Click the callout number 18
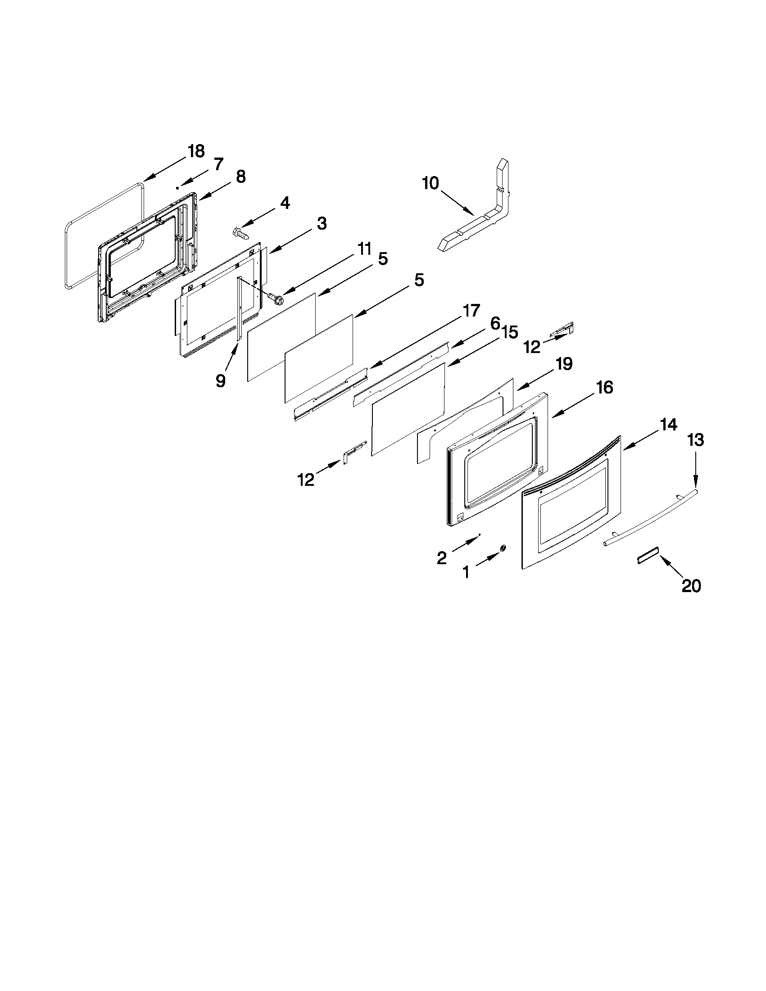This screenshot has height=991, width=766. pos(196,151)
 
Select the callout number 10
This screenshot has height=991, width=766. pos(431,183)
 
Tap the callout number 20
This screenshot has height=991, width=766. pos(691,586)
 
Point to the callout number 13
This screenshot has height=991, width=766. pos(696,440)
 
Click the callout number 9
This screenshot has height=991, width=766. pos(220,381)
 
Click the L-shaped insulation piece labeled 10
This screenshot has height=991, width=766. pos(485,218)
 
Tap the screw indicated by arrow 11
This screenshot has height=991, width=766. pos(274,298)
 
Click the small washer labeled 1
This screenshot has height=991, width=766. pos(503,548)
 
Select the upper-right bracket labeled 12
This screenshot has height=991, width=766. pos(563,329)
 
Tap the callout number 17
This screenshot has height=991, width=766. pos(471,311)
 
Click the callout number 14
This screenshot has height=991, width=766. pos(668,425)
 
